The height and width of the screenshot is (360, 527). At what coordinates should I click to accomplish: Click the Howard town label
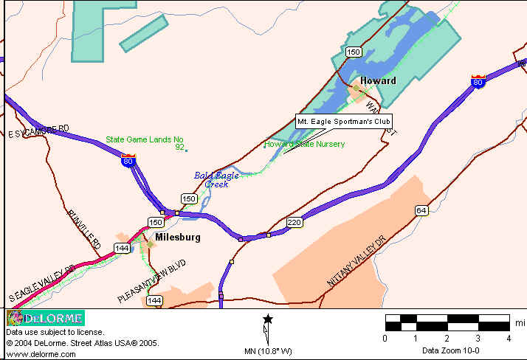coord(378,80)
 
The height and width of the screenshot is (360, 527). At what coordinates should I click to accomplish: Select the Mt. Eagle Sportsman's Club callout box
coord(344,121)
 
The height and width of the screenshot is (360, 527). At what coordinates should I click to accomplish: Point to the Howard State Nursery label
coord(305,145)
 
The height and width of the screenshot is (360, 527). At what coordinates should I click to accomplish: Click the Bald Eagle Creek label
coord(212,179)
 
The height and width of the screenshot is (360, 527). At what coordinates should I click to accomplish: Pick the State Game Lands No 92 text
coord(145,142)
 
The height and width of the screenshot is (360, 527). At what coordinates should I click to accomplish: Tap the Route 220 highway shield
coord(294,221)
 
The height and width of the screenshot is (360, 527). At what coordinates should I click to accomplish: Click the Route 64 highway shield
coord(421,210)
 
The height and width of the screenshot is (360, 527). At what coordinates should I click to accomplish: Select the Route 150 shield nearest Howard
coord(354,52)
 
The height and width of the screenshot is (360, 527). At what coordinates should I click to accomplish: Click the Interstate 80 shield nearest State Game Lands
coord(129,160)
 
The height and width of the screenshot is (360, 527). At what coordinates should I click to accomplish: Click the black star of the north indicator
coord(268,319)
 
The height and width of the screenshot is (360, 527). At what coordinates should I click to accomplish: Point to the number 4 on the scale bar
coord(509,338)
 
